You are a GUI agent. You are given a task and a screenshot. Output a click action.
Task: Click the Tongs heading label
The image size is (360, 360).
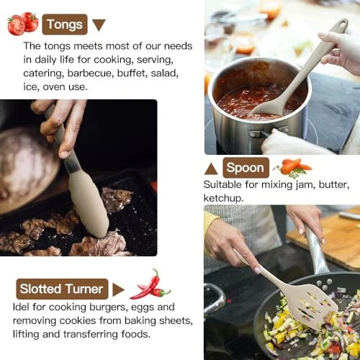pyautogui.click(x=65, y=24)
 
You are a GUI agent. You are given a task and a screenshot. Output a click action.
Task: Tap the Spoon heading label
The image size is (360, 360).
pyautogui.click(x=246, y=168)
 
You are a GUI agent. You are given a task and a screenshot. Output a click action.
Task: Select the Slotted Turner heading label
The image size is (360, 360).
pyautogui.click(x=62, y=289)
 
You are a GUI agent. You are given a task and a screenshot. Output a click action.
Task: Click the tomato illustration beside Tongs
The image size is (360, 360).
pyautogui.click(x=23, y=23)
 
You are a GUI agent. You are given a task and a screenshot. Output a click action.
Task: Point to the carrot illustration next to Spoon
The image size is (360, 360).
pyautogui.click(x=293, y=168)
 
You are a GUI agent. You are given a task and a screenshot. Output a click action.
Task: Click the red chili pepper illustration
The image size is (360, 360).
pyautogui.click(x=150, y=285)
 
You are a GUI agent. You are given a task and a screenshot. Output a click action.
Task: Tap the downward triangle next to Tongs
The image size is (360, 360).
pyautogui.click(x=99, y=24)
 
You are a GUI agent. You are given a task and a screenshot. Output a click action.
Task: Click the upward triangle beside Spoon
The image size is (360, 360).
pyautogui.click(x=211, y=168)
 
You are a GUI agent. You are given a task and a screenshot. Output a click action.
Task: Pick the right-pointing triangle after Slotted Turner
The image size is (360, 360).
pyautogui.click(x=118, y=289)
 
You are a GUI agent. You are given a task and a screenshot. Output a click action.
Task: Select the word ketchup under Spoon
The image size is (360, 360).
pyautogui.click(x=223, y=198)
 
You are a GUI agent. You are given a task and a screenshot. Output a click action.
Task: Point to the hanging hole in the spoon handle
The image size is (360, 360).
pyautogui.click(x=342, y=25)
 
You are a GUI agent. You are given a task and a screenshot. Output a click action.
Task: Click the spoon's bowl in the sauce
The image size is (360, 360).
pyautogui.click(x=269, y=109)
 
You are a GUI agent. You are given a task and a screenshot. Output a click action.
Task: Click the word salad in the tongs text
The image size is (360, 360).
pyautogui.click(x=164, y=73)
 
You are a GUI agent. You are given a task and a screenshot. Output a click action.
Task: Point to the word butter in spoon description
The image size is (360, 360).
pyautogui.click(x=334, y=185)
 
